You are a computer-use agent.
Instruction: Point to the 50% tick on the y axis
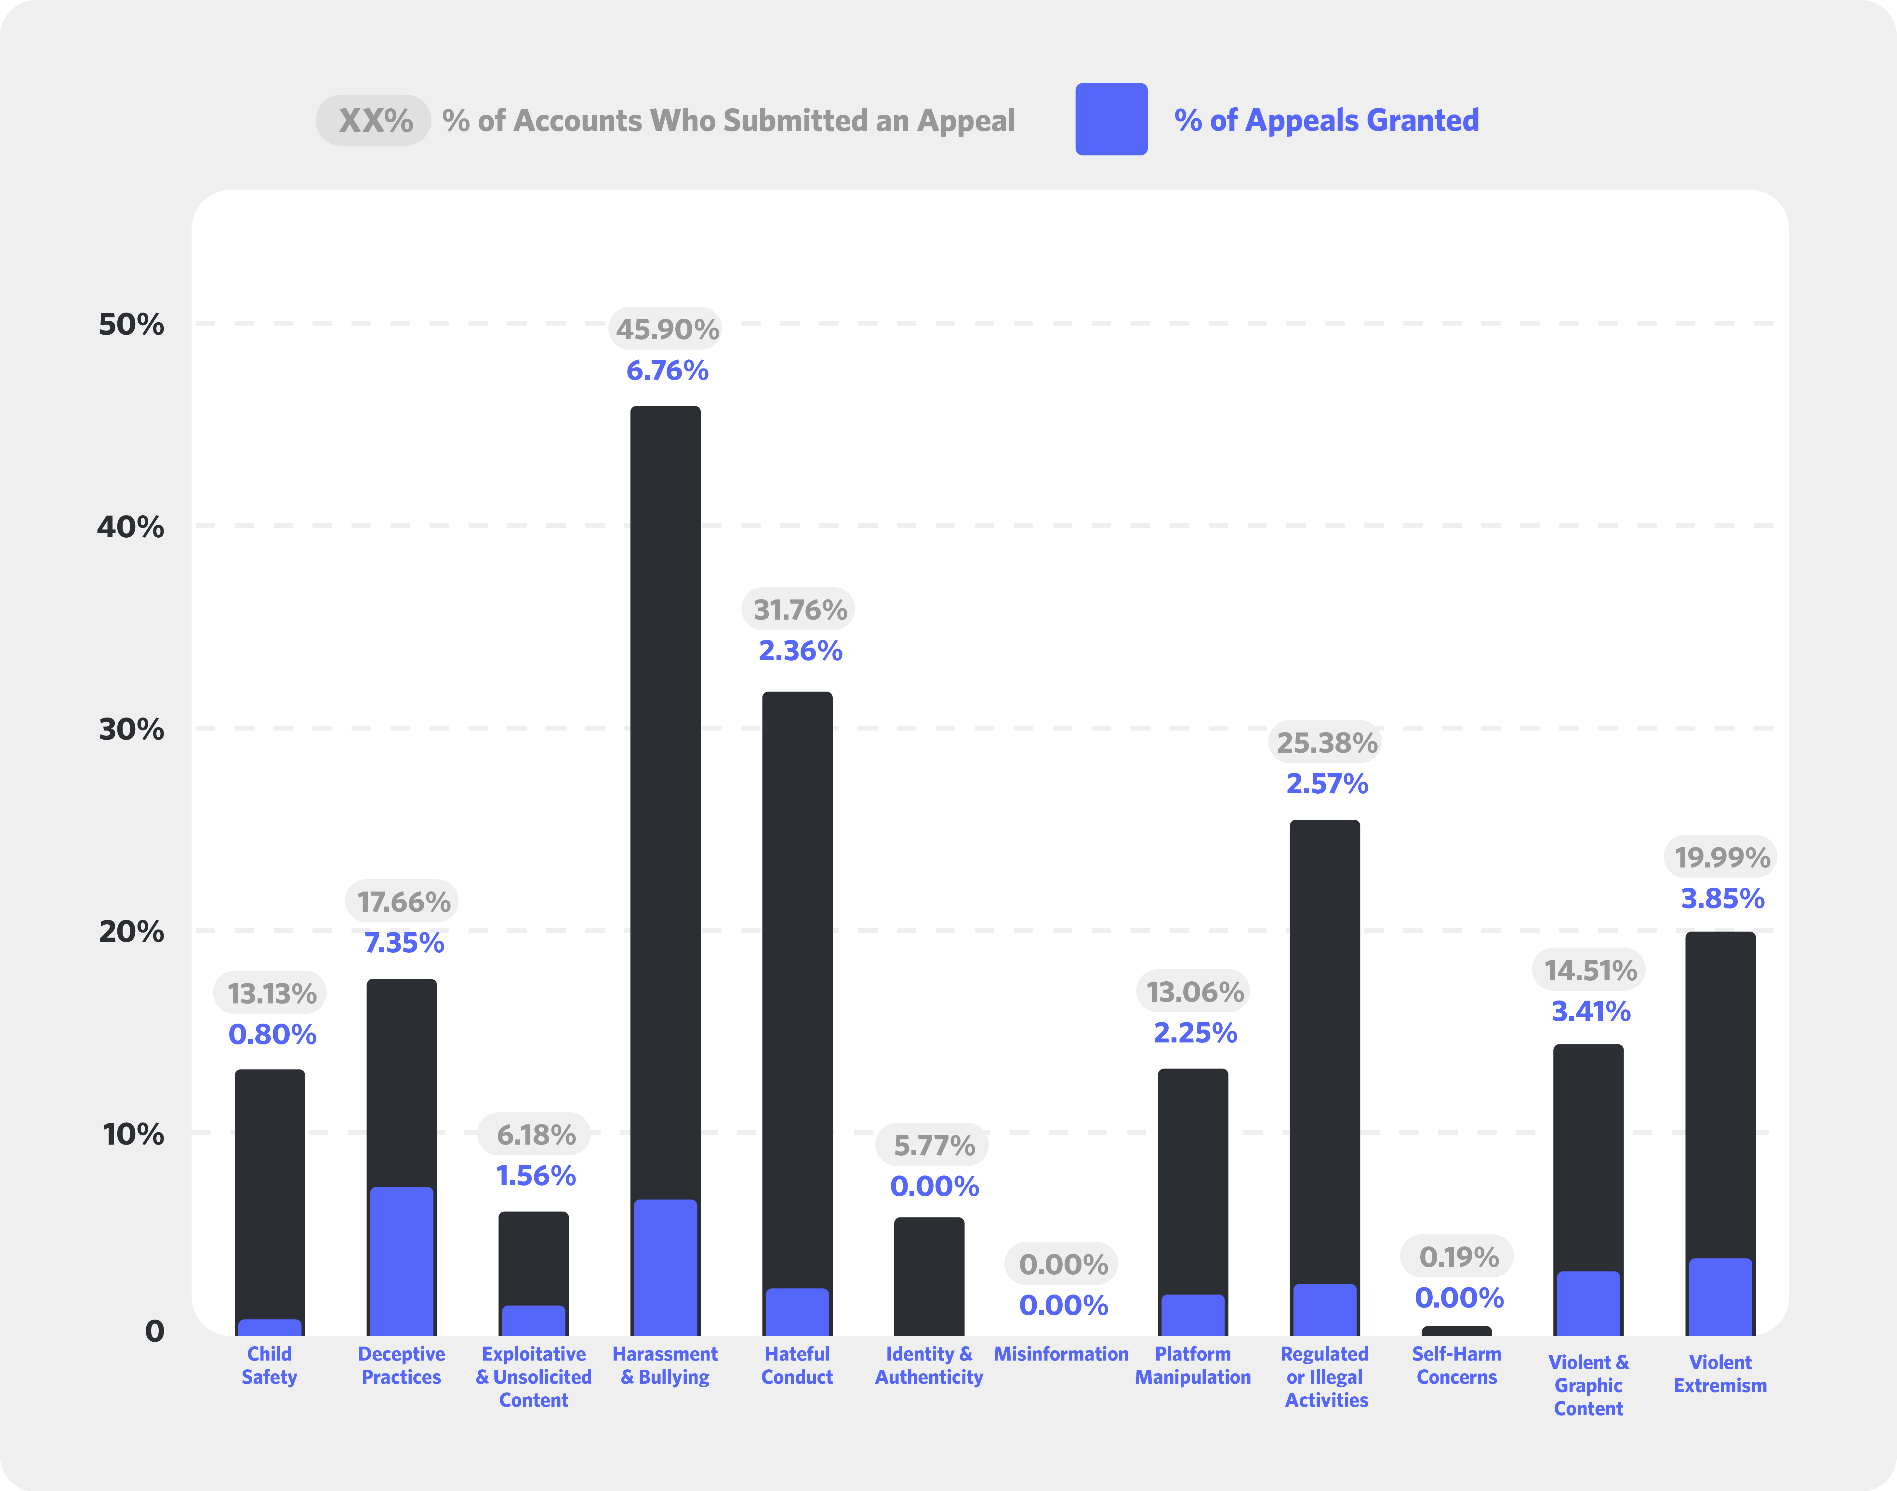click(131, 324)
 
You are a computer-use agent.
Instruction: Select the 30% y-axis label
click(131, 729)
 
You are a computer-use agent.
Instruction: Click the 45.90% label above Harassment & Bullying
click(667, 329)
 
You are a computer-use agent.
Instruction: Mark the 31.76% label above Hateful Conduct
click(799, 609)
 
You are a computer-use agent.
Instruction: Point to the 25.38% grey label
click(1326, 743)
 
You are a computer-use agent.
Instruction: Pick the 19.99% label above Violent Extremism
click(1722, 857)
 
